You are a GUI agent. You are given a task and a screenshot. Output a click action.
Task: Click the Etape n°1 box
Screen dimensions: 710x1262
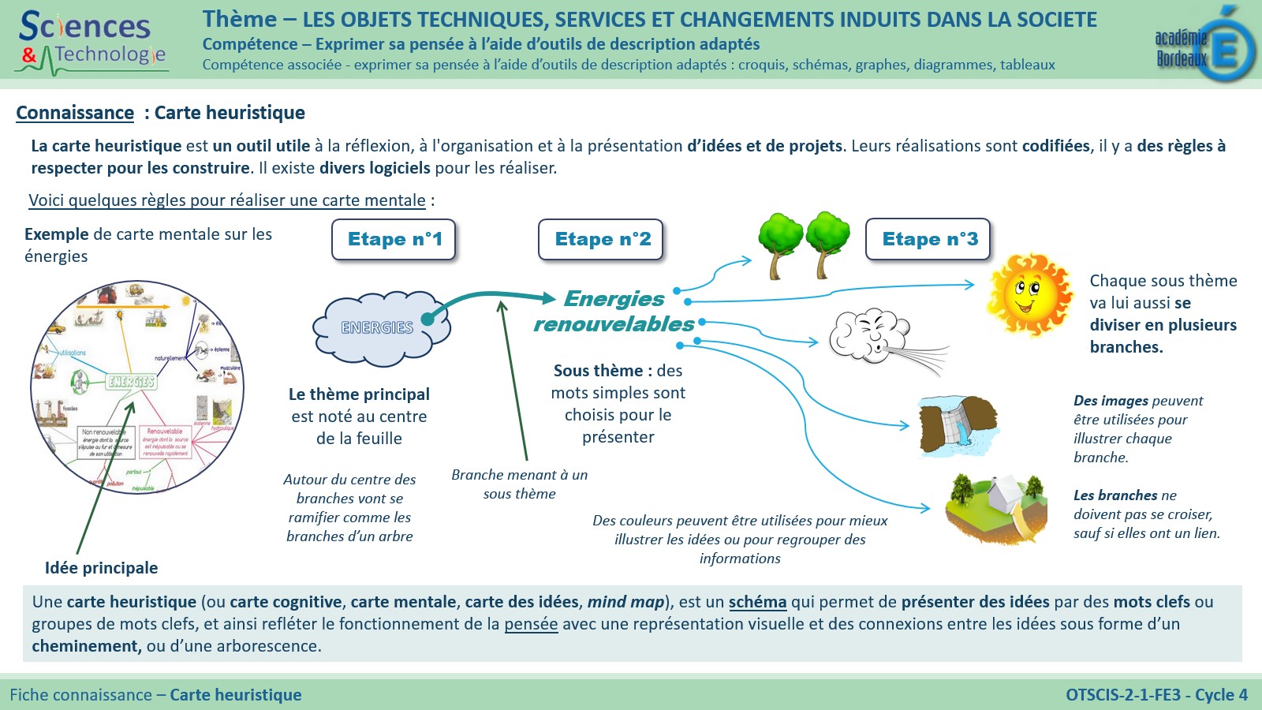[394, 239]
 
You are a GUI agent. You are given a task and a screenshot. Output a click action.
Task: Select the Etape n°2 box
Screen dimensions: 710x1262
[602, 239]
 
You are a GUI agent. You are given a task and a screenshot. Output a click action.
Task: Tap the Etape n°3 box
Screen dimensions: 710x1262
[929, 239]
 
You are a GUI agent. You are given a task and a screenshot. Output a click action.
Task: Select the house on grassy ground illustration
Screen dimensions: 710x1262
[997, 508]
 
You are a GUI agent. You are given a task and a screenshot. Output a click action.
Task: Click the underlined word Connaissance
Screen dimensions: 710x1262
[75, 113]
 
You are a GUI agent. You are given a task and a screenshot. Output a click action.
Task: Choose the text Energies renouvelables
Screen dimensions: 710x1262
[614, 312]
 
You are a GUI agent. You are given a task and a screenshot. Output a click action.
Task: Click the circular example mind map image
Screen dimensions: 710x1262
[136, 387]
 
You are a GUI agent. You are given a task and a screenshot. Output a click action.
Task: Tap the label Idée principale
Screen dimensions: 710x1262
[101, 568]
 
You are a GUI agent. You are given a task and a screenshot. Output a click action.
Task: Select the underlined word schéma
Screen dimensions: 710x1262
[757, 602]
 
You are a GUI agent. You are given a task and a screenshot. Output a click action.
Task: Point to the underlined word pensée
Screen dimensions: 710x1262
[531, 624]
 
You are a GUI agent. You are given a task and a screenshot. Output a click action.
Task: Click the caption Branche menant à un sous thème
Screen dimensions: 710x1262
[519, 484]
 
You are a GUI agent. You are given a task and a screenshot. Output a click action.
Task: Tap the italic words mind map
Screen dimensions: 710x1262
[625, 602]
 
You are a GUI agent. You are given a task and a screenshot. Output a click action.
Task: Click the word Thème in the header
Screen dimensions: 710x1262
[240, 20]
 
